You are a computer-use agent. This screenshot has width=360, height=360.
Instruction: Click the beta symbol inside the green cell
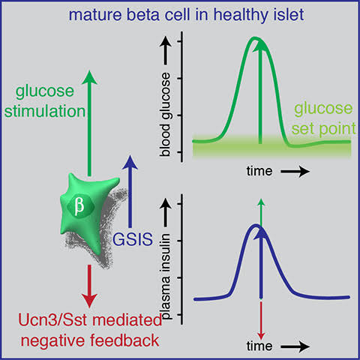click(x=79, y=206)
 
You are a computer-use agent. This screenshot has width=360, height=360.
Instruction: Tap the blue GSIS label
click(x=133, y=239)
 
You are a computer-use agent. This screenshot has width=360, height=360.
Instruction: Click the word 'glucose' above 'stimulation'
click(x=45, y=91)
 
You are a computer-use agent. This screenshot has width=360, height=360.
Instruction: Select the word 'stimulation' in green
click(x=45, y=111)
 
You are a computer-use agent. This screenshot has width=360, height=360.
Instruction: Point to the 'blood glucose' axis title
click(x=165, y=115)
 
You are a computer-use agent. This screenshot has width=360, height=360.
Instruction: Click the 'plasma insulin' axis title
click(x=166, y=277)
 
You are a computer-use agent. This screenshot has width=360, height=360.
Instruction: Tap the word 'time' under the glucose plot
click(x=259, y=171)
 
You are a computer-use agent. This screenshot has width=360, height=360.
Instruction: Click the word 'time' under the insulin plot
click(x=259, y=346)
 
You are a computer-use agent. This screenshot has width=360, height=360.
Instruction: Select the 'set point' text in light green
click(x=323, y=128)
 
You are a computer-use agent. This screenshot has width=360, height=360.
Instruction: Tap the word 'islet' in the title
click(x=290, y=14)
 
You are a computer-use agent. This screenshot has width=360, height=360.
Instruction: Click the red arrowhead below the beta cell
click(x=89, y=300)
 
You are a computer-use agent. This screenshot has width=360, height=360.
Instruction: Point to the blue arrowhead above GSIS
click(x=130, y=163)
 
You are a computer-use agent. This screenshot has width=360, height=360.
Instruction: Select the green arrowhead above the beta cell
click(x=89, y=77)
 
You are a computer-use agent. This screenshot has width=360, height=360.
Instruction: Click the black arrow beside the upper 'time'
click(x=295, y=172)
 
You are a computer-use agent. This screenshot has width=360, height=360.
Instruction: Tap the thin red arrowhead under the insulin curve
click(x=261, y=336)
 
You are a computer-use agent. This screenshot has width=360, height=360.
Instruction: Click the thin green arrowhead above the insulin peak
click(x=261, y=202)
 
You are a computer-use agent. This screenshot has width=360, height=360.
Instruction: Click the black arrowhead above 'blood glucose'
click(x=166, y=41)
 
